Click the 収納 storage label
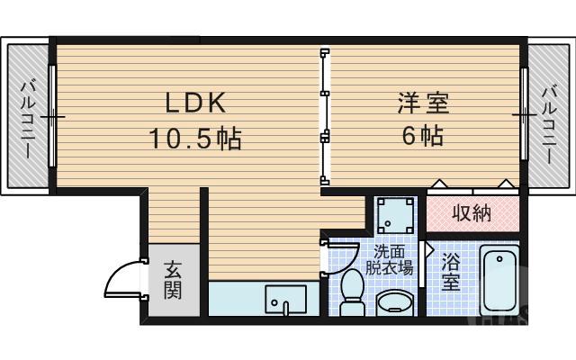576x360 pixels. coord(471,213)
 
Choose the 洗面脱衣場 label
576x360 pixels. coord(394,259)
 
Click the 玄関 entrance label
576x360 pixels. coord(173,280)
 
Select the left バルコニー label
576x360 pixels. coord(28,117)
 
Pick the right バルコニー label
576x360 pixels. coord(548,117)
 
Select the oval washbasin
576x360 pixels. coord(393,301)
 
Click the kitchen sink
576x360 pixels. coord(284,299)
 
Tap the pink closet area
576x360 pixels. coord(472,214)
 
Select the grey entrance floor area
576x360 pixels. coord(173,280)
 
